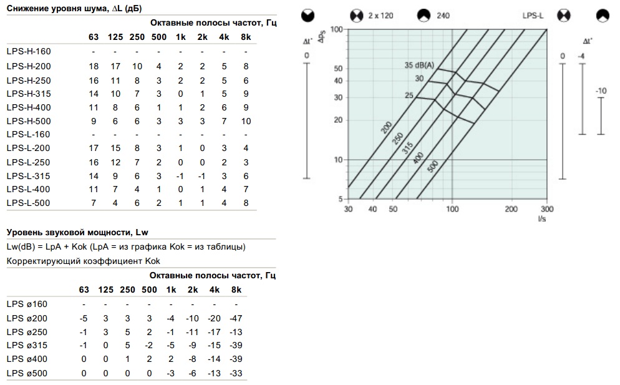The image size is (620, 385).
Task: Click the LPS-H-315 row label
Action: click(x=29, y=94)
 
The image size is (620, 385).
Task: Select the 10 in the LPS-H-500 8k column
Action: click(x=246, y=121)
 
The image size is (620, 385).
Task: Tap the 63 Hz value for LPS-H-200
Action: click(x=94, y=66)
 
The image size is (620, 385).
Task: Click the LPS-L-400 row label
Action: click(x=29, y=189)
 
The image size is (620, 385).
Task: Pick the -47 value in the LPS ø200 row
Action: click(x=236, y=318)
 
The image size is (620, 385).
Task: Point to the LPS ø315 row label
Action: click(x=27, y=345)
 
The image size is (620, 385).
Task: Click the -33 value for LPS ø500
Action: click(x=236, y=373)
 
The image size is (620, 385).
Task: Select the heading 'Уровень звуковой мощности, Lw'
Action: click(x=77, y=232)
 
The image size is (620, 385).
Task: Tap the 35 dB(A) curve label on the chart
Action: click(x=419, y=65)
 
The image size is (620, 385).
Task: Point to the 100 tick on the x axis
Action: click(x=452, y=208)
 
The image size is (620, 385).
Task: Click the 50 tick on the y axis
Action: click(x=338, y=68)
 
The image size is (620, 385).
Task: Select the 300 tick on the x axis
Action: click(x=547, y=208)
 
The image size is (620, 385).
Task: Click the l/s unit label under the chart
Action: click(x=541, y=218)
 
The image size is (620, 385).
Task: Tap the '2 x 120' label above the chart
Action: click(x=380, y=16)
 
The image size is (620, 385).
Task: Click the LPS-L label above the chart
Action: click(x=533, y=16)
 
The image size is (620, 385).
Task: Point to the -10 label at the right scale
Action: click(x=601, y=90)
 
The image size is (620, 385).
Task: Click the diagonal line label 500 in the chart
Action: click(x=433, y=166)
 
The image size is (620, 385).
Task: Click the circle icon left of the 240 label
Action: click(x=424, y=16)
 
